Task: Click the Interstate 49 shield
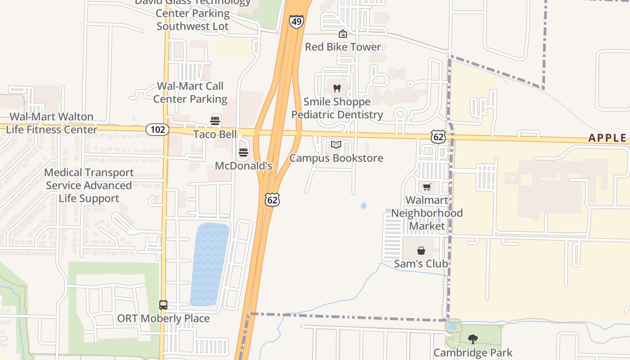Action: [x=296, y=22]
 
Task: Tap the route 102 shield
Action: [x=157, y=130]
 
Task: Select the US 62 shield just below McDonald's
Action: [x=272, y=200]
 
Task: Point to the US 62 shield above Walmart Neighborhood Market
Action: [x=438, y=137]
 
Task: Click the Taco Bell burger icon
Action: [x=215, y=121]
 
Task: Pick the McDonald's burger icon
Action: [x=243, y=153]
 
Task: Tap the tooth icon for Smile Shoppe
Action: [x=337, y=89]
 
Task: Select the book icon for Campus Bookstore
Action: [x=336, y=145]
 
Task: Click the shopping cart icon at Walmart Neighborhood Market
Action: [x=427, y=187]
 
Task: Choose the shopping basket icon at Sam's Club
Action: [x=421, y=251]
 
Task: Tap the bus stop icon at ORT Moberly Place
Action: [x=163, y=305]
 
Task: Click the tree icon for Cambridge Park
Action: [x=472, y=339]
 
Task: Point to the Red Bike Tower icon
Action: [x=343, y=34]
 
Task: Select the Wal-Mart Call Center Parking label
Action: [x=190, y=93]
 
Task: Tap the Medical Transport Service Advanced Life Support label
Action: [x=89, y=185]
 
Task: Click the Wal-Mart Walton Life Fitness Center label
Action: [x=51, y=123]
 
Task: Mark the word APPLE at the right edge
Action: [x=607, y=138]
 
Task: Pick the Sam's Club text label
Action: [x=421, y=264]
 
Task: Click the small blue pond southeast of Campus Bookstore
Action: [x=364, y=206]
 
